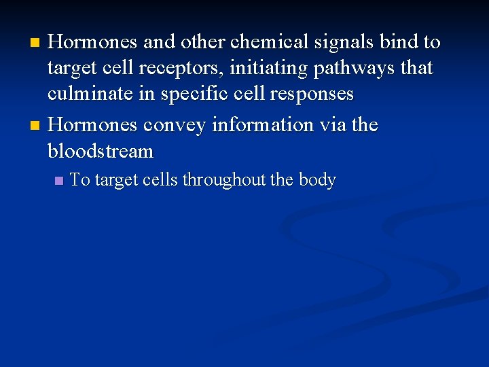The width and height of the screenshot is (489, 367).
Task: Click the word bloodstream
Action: tap(101, 150)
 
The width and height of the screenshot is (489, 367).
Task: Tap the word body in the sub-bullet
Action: tap(316, 181)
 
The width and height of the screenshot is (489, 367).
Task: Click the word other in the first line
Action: tap(204, 42)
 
